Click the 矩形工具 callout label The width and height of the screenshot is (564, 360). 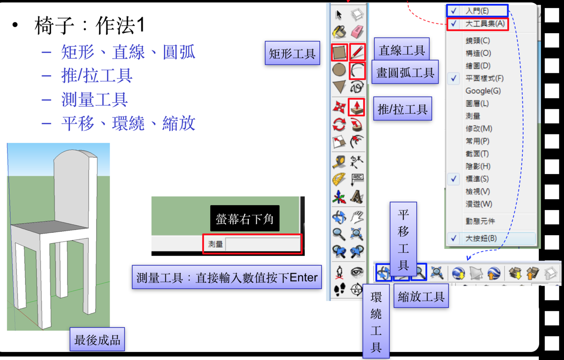pos(292,53)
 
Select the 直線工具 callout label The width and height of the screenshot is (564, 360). pos(401,50)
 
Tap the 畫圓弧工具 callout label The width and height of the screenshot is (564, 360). pos(405,72)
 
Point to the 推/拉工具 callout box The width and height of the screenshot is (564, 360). pos(402,109)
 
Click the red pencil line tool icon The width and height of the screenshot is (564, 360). pos(357,52)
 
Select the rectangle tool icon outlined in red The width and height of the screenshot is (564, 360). pos(339,52)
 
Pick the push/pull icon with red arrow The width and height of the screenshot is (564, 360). pos(356,107)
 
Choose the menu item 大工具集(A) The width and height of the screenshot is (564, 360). pos(484,24)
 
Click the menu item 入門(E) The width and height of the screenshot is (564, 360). pos(477,11)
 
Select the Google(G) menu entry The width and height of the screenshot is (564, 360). pos(483,91)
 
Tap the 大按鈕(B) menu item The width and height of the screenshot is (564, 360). pos(481,238)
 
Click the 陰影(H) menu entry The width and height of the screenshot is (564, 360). pos(478,166)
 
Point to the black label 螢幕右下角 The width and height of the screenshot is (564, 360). pos(245,218)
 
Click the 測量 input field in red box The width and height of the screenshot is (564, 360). pos(262,244)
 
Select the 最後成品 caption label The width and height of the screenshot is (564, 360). pos(97,340)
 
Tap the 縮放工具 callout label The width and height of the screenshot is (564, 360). pos(421,296)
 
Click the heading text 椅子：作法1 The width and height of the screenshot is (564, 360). pos(90,25)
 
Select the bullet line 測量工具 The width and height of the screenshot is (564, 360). pos(94,100)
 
